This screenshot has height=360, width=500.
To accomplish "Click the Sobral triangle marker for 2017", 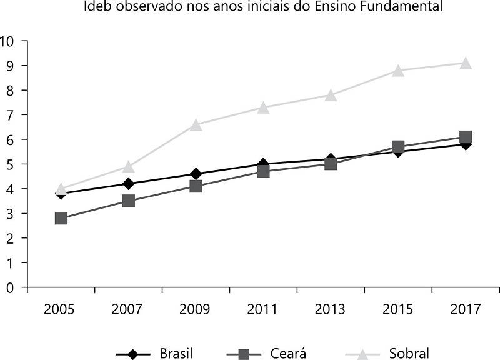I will (x=466, y=63).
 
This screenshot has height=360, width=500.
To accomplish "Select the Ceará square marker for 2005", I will (x=61, y=218).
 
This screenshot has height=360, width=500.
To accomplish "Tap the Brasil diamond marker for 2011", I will (x=263, y=164).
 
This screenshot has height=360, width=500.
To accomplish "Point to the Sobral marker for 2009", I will (x=196, y=125).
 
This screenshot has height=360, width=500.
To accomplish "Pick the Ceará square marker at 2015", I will (x=398, y=147).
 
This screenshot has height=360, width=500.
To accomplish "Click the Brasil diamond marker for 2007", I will (x=128, y=184).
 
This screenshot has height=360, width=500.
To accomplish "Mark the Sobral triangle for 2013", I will (x=331, y=95).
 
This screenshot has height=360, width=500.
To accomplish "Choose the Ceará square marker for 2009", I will (x=196, y=186).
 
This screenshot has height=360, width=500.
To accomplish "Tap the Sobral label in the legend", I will (x=409, y=353).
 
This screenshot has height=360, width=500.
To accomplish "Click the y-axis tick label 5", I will (x=9, y=164).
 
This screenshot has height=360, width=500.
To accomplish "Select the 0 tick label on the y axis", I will (x=9, y=287).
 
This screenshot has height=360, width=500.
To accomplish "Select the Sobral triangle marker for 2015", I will (x=398, y=71).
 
